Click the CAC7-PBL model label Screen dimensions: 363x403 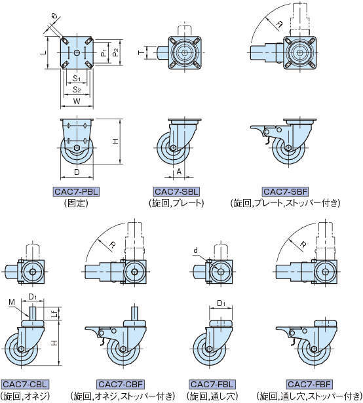click(77, 192)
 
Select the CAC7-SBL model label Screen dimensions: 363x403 click(176, 192)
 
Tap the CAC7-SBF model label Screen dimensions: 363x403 click(286, 192)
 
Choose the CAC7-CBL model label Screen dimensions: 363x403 click(25, 385)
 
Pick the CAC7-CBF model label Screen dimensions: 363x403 click(121, 385)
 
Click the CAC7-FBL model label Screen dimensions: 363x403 click(212, 385)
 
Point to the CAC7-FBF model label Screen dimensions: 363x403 click(309, 385)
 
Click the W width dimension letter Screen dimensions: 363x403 click(77, 102)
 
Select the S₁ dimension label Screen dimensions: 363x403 click(77, 78)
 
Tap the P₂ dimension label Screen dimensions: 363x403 click(116, 52)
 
